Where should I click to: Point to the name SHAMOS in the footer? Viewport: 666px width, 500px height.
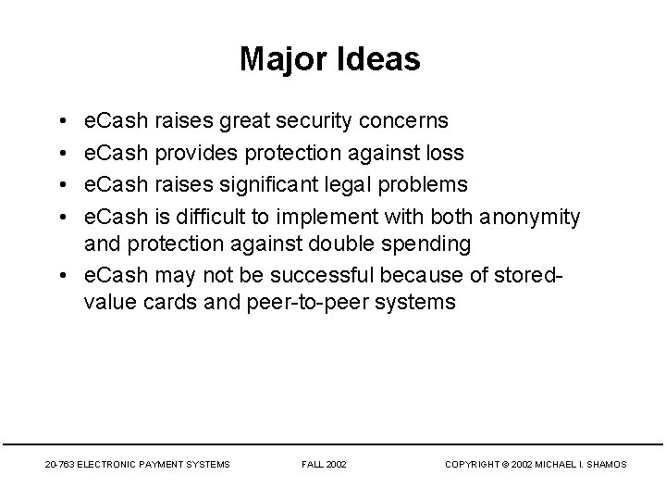coord(607,464)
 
